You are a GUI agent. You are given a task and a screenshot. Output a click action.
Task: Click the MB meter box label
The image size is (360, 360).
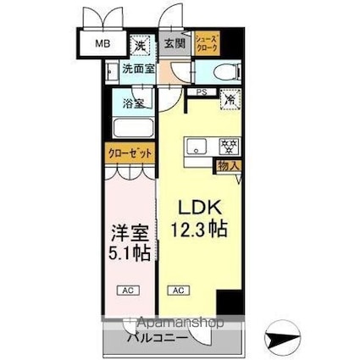(x=101, y=44)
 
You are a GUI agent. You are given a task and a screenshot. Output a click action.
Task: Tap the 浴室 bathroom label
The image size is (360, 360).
(x=134, y=104)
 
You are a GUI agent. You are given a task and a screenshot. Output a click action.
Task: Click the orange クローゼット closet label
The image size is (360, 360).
(x=130, y=153)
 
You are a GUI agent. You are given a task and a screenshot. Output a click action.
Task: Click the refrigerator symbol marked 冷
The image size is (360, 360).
(x=229, y=100)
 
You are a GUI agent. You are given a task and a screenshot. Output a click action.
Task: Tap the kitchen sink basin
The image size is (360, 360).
(x=197, y=147)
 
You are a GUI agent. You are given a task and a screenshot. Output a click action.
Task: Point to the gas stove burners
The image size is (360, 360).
(x=226, y=145)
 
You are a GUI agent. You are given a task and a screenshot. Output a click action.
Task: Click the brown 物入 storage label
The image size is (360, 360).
(x=228, y=166)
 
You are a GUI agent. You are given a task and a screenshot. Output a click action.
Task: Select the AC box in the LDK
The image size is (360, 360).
(x=178, y=291)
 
